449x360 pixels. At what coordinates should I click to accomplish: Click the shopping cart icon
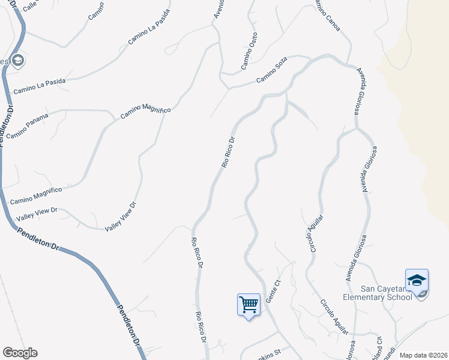click(x=249, y=304)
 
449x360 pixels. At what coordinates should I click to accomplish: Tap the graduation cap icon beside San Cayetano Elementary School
click(x=417, y=281)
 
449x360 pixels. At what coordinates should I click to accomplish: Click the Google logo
click(x=20, y=353)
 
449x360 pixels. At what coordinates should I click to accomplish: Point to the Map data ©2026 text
click(x=423, y=355)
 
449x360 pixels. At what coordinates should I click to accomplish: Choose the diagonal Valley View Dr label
click(x=121, y=217)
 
